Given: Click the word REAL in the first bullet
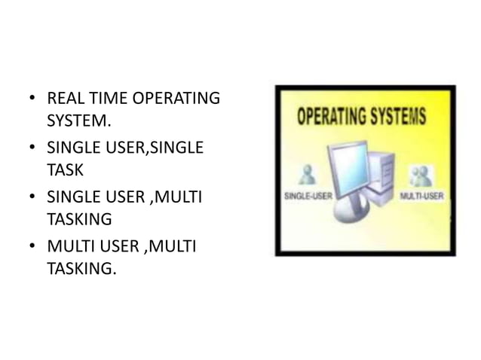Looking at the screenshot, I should coord(63,99).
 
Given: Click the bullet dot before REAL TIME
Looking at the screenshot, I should coord(32,99).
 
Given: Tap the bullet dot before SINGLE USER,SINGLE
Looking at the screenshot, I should coord(32,148).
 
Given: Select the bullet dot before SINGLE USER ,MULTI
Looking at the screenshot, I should coord(32,197).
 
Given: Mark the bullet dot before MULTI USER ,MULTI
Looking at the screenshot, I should coord(32,246).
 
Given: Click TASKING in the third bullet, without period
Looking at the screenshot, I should coord(79,219).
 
